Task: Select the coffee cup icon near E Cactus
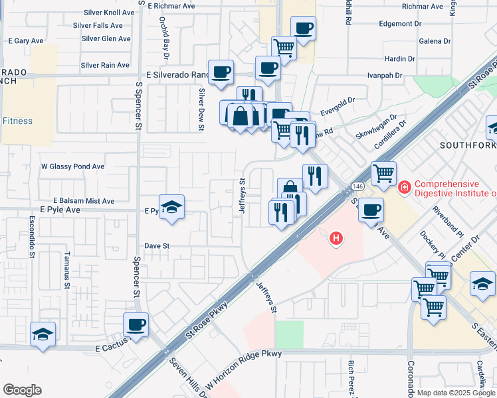point(136,325)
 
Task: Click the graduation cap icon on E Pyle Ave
point(171,207)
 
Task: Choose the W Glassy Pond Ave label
point(73,166)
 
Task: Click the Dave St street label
point(157,245)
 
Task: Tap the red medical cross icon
point(403,189)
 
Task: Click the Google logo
point(22,389)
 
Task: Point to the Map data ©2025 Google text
point(456,393)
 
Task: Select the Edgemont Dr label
point(399,23)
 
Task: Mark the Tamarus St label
point(66,269)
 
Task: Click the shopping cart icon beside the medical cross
point(383,174)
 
